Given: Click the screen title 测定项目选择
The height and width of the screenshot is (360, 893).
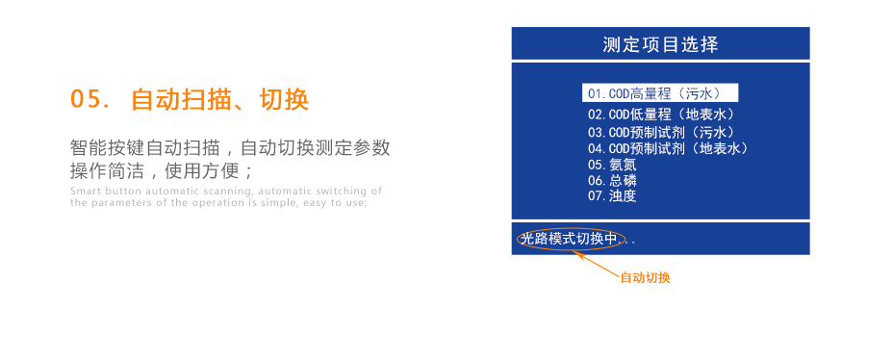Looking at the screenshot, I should pyautogui.click(x=660, y=44).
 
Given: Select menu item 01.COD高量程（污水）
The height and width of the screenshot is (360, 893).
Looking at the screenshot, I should pyautogui.click(x=659, y=93).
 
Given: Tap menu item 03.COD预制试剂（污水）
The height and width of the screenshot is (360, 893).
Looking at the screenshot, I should pyautogui.click(x=661, y=132).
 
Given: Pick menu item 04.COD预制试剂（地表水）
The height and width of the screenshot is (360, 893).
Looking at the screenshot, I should pyautogui.click(x=668, y=148).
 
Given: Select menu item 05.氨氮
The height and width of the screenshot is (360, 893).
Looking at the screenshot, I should pyautogui.click(x=612, y=165).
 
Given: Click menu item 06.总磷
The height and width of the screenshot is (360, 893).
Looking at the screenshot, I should pyautogui.click(x=612, y=180).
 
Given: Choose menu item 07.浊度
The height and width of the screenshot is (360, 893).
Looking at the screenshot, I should pyautogui.click(x=612, y=195).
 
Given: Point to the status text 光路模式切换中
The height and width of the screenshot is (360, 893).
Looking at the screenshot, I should pyautogui.click(x=568, y=239).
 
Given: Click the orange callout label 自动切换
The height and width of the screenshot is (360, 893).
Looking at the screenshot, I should pyautogui.click(x=645, y=278).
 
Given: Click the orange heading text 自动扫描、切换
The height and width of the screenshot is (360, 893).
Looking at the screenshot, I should pyautogui.click(x=219, y=99).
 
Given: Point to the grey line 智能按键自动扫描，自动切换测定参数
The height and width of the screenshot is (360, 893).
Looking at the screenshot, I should pyautogui.click(x=230, y=148).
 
